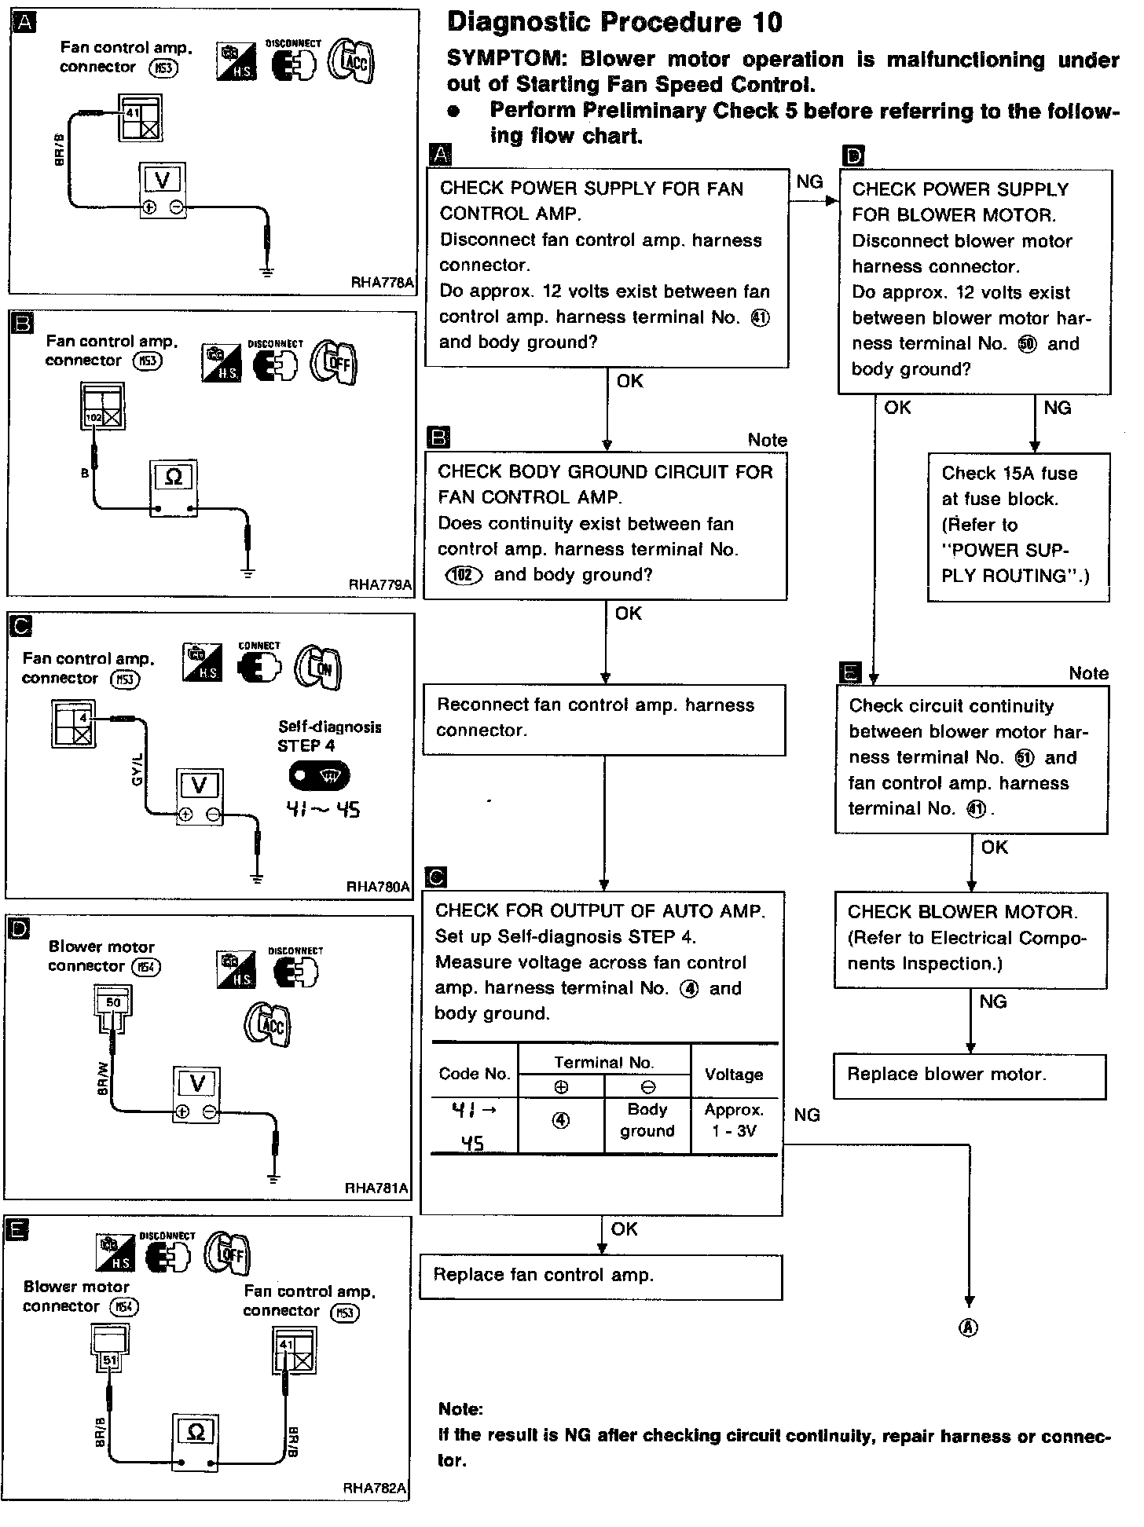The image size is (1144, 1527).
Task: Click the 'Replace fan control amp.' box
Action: [x=600, y=1276]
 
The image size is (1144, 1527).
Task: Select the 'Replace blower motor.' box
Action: [x=970, y=1075]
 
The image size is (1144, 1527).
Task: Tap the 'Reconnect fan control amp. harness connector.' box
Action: [x=604, y=719]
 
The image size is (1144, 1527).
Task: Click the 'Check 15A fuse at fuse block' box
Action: [x=1018, y=526]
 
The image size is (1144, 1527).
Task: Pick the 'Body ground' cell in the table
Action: [x=647, y=1120]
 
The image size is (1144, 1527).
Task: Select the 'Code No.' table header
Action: [x=475, y=1075]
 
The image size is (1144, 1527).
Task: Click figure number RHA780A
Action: [x=378, y=887]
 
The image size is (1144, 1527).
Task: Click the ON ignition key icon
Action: [x=318, y=668]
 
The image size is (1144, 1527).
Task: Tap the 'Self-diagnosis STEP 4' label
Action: [x=329, y=737]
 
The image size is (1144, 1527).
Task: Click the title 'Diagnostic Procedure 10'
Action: [x=614, y=23]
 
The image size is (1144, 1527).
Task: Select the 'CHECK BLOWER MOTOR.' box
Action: [x=970, y=939]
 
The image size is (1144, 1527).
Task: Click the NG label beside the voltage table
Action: [x=807, y=1115]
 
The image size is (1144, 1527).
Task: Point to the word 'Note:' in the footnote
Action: [x=460, y=1408]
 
